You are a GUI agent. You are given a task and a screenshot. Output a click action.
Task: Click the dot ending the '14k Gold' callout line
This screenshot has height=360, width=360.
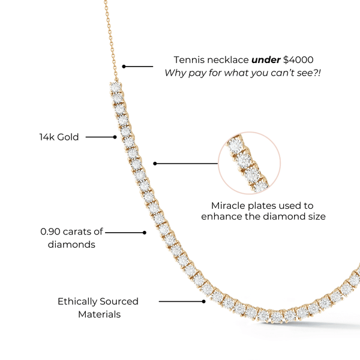click(115, 137)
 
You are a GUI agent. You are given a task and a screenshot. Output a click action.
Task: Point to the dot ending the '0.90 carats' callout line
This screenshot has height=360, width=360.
click(145, 232)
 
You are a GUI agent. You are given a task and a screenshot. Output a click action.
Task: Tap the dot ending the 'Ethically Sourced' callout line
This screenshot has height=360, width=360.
click(204, 301)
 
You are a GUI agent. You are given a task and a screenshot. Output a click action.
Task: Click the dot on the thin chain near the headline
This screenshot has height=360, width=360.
click(124, 66)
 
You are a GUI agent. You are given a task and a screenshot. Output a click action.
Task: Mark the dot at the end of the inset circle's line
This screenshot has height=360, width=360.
click(155, 163)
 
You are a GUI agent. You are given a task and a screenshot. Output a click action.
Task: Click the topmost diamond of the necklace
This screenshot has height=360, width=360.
click(116, 88)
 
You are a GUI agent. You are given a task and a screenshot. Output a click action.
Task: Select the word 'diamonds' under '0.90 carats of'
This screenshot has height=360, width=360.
click(71, 244)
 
